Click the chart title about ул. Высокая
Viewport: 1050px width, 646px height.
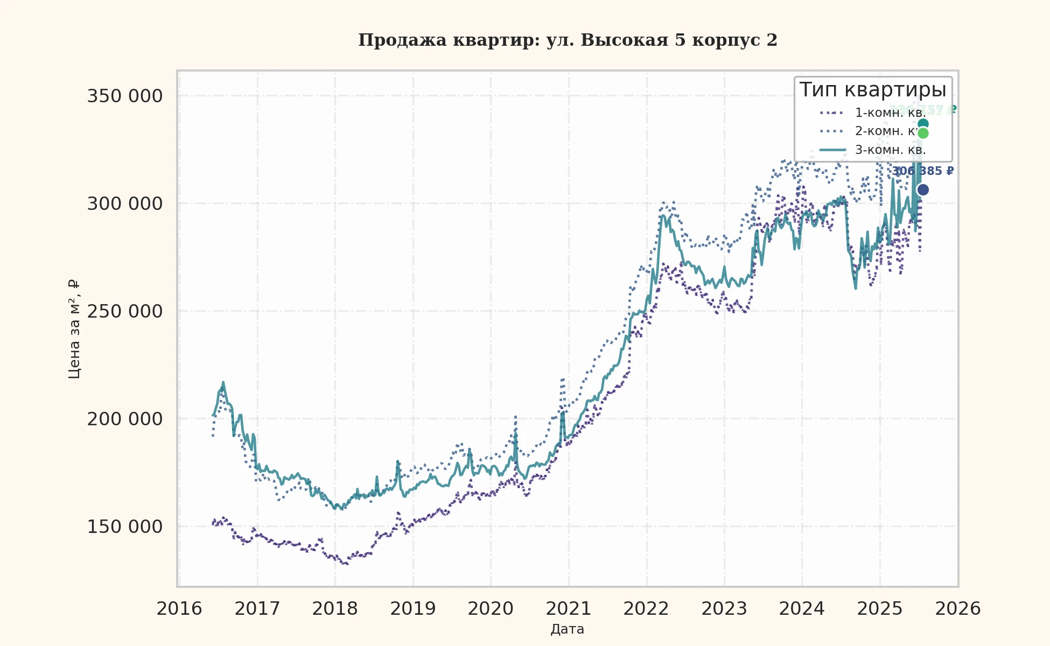tap(568, 40)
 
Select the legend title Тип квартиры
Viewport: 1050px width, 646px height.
tap(872, 90)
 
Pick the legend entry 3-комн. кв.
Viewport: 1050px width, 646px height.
tap(890, 150)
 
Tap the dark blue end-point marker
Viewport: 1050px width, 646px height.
tap(923, 190)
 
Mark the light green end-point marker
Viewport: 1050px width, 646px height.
tap(923, 134)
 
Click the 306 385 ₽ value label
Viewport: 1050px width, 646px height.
tap(923, 172)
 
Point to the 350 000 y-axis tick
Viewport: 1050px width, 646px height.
tap(125, 96)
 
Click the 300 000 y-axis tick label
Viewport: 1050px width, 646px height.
tap(125, 204)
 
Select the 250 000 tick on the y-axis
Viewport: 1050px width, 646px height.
tap(125, 312)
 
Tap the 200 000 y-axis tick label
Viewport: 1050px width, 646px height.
tap(125, 419)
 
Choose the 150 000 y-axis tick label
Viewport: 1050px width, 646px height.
tap(125, 527)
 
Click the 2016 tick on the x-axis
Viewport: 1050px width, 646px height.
tap(179, 609)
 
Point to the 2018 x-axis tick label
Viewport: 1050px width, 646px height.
tap(335, 609)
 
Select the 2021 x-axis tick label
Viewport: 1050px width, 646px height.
tap(569, 609)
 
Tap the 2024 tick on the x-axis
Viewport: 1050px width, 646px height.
tap(802, 609)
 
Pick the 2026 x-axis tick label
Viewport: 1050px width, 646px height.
tap(957, 609)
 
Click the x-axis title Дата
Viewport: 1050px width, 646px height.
tap(568, 629)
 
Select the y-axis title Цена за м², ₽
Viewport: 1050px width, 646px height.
tap(75, 329)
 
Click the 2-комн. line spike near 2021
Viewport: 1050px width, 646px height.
tap(563, 380)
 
